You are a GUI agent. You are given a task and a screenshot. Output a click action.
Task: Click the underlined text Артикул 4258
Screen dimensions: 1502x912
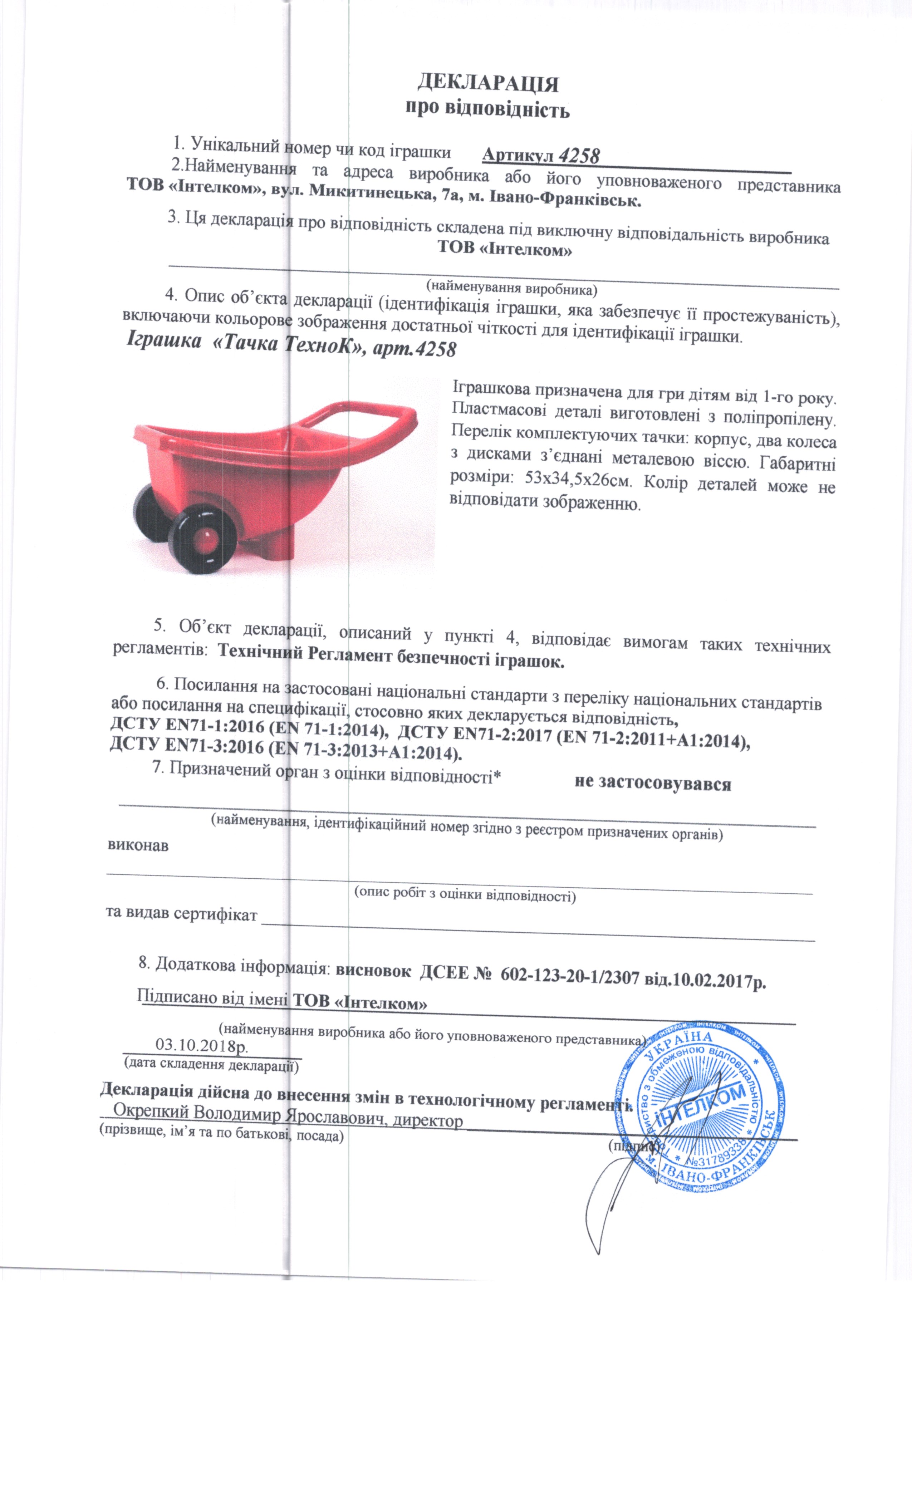coord(541,156)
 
